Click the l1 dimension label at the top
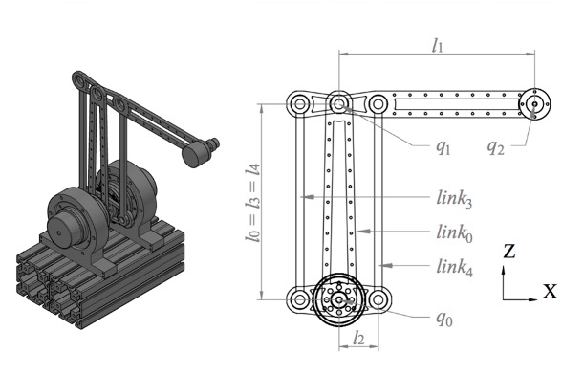click(x=438, y=46)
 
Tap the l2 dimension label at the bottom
click(x=358, y=338)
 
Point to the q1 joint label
click(x=443, y=146)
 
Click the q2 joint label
click(x=496, y=146)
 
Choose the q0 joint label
click(x=444, y=318)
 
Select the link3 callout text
click(x=454, y=198)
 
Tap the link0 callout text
click(x=455, y=232)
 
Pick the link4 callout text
click(x=455, y=267)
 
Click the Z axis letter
click(x=508, y=251)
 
